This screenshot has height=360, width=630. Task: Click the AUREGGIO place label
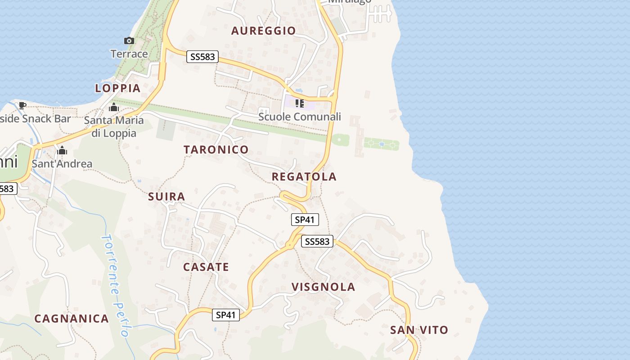pyautogui.click(x=263, y=31)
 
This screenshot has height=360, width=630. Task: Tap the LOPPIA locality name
pyautogui.click(x=118, y=88)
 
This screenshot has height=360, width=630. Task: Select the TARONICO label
pyautogui.click(x=216, y=149)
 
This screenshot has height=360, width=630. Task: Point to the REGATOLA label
pyautogui.click(x=304, y=177)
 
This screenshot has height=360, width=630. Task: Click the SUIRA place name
pyautogui.click(x=166, y=197)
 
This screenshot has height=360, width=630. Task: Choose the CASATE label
pyautogui.click(x=206, y=267)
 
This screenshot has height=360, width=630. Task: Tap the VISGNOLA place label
pyautogui.click(x=324, y=287)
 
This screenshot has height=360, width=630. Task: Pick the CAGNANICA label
pyautogui.click(x=72, y=319)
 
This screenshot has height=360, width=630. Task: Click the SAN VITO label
pyautogui.click(x=419, y=330)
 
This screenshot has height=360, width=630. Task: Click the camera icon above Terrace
pyautogui.click(x=129, y=41)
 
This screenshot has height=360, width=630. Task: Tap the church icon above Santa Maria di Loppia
pyautogui.click(x=114, y=108)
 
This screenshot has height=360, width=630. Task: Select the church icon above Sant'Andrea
pyautogui.click(x=62, y=150)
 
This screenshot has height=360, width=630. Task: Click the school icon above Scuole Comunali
pyautogui.click(x=300, y=104)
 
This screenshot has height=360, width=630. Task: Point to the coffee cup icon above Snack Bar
pyautogui.click(x=22, y=106)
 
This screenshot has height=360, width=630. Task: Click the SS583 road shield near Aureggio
pyautogui.click(x=202, y=57)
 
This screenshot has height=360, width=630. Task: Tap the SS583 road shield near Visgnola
pyautogui.click(x=317, y=242)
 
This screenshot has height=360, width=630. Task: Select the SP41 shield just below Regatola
pyautogui.click(x=305, y=220)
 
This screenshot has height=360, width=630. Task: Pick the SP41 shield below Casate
pyautogui.click(x=226, y=315)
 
